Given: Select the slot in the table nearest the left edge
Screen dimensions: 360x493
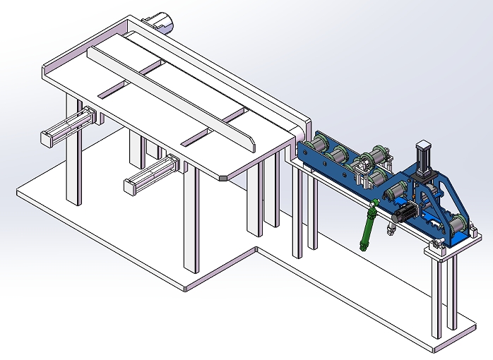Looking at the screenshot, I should [x=111, y=90].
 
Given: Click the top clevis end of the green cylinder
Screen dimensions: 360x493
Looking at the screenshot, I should [x=375, y=205].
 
